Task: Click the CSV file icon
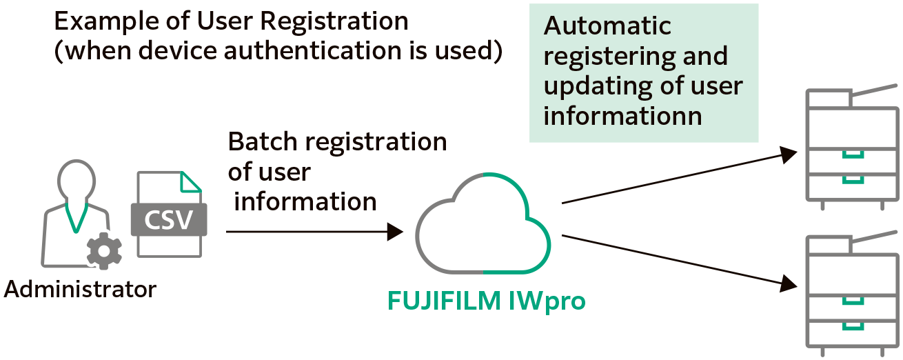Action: (x=170, y=214)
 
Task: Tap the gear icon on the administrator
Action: (x=104, y=251)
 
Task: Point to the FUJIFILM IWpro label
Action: (x=486, y=301)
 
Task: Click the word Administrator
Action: (x=80, y=289)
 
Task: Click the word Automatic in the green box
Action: (x=607, y=26)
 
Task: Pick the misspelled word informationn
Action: (x=622, y=116)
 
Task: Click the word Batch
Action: (x=263, y=142)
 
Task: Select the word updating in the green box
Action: (x=592, y=86)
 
